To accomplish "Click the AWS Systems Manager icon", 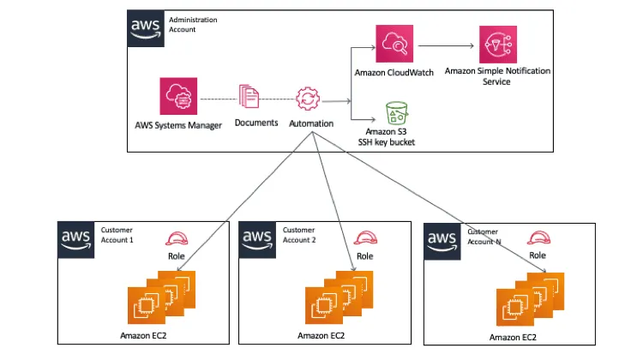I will tap(178, 97).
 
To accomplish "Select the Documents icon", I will tap(249, 97).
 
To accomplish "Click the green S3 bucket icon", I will tap(395, 111).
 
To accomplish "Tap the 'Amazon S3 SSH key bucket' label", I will tap(386, 136).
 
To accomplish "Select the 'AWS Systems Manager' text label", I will tap(178, 125).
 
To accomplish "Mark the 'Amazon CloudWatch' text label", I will tap(394, 73).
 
